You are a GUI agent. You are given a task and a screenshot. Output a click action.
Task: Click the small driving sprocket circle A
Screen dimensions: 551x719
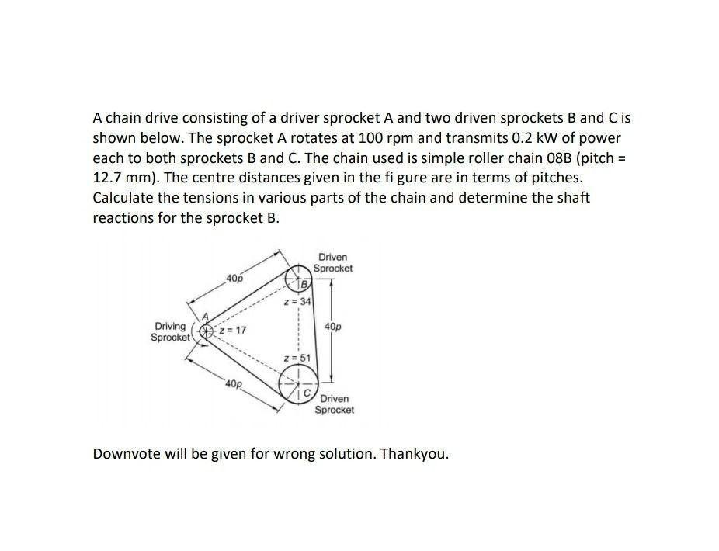point(206,331)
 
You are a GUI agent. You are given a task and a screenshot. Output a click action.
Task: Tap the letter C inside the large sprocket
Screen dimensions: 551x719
point(307,393)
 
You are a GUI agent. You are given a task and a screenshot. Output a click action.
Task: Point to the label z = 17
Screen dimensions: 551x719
point(232,330)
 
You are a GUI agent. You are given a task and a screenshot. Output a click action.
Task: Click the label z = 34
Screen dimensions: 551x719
point(297,300)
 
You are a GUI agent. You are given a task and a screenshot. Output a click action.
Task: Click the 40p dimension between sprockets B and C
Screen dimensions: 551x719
point(332,327)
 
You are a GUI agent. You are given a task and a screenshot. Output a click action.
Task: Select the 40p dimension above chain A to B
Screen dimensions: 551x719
point(234,277)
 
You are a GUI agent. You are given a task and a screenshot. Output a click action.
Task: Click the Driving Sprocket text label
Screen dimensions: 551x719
point(169,332)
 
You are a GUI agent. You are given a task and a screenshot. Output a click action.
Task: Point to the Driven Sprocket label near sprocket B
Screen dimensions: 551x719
point(333,262)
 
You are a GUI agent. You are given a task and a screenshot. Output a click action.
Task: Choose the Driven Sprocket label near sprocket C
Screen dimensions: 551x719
point(335,404)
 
